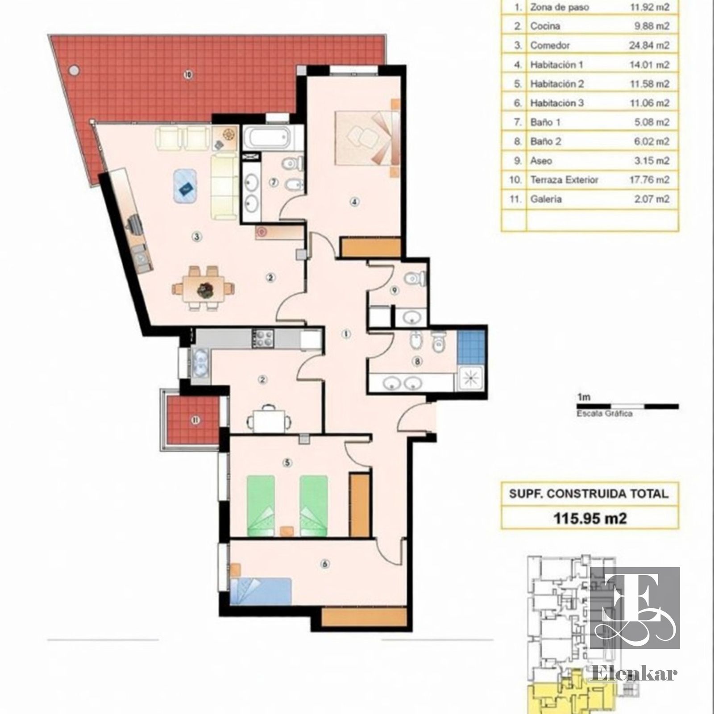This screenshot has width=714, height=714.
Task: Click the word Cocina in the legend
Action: tap(545, 26)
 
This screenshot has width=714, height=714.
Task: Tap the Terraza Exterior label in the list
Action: tap(564, 180)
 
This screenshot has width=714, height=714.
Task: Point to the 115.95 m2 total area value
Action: tap(590, 518)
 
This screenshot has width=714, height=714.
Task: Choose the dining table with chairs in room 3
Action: tap(203, 288)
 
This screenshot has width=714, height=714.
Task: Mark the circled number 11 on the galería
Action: tap(194, 419)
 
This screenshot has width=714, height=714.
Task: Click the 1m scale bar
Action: tap(627, 406)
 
